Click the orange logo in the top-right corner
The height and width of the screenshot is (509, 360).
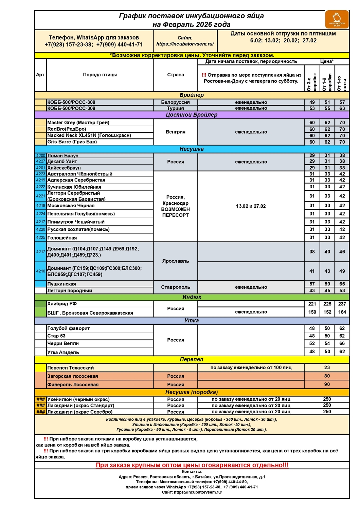(337, 19)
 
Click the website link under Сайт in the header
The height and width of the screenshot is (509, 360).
(185, 44)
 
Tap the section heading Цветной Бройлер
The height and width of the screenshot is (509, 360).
(192, 115)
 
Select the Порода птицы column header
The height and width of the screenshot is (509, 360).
(100, 75)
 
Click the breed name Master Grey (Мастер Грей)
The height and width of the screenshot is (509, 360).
(78, 122)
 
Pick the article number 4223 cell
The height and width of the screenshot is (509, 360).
(41, 174)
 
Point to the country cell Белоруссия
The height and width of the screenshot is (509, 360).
(175, 102)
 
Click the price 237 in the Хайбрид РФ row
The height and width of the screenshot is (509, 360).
(342, 304)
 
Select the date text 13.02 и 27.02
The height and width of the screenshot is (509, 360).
(251, 206)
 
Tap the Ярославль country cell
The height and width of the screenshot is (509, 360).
(175, 261)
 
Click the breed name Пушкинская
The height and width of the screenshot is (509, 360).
(61, 284)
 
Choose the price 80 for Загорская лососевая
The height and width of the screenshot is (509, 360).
(327, 376)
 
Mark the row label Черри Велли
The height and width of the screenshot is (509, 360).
(63, 343)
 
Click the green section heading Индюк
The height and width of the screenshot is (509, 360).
(192, 297)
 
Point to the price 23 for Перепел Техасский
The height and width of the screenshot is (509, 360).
(327, 367)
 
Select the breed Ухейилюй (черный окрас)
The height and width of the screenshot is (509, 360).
(78, 399)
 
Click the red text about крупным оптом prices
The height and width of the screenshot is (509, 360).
(192, 465)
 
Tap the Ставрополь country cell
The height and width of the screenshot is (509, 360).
(175, 287)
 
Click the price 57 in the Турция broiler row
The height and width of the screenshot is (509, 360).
(342, 102)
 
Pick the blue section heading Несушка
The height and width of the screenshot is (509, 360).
(192, 149)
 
